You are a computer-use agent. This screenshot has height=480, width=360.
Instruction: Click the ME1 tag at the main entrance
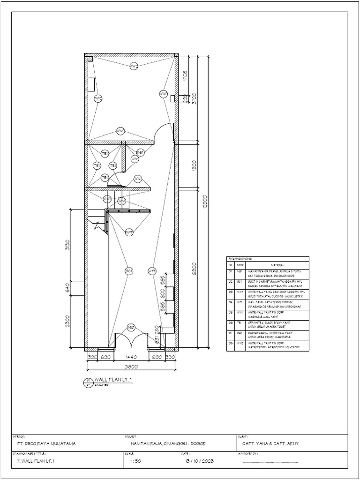point(131,327)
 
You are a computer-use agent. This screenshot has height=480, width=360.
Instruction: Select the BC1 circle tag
point(129,270)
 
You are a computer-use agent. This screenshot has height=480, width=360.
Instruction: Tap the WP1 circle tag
point(151,270)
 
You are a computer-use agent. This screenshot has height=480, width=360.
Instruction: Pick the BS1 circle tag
point(140,152)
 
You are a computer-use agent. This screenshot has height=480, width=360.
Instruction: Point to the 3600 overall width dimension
point(131,367)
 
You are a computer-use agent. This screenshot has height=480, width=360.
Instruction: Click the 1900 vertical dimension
point(194,165)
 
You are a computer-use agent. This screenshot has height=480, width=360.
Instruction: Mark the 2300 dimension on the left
point(67,322)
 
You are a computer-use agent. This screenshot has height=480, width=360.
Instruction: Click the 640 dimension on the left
point(67,287)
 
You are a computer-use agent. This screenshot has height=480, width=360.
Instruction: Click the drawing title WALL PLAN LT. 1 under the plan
point(113,379)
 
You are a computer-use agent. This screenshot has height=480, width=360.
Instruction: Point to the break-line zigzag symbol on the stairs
point(98,226)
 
